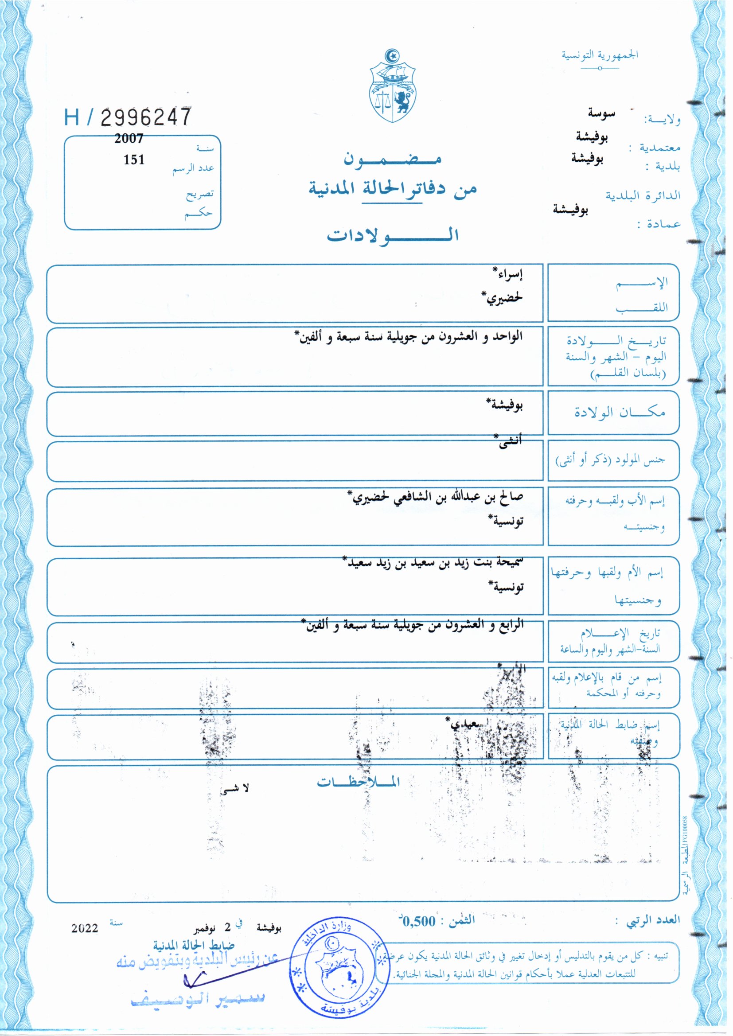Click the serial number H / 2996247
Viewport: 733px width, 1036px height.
point(128,117)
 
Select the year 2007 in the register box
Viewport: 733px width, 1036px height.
point(129,139)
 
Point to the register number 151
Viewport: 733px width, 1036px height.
point(134,160)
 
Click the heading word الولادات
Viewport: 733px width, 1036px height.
point(393,235)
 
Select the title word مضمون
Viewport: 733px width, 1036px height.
point(392,159)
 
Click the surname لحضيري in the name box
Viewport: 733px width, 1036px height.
point(503,298)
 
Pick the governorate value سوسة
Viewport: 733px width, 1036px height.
point(601,113)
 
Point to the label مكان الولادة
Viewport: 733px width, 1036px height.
point(619,412)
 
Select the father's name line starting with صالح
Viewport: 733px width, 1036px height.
point(436,497)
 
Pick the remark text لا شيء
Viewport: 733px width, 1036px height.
point(235,788)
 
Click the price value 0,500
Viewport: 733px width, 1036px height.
point(419,920)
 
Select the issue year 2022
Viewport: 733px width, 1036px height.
point(84,928)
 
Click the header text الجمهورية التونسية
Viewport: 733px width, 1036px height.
point(600,55)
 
